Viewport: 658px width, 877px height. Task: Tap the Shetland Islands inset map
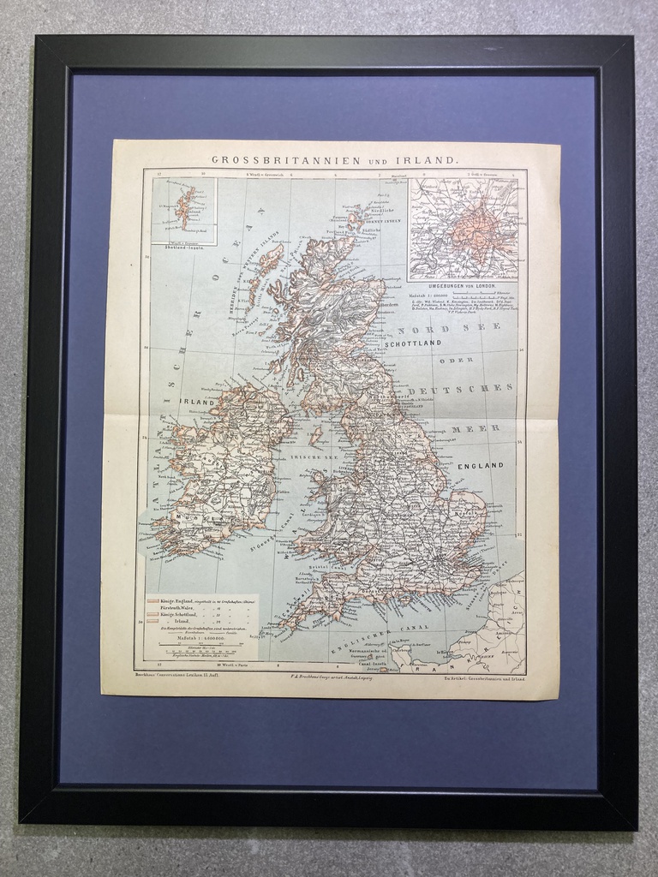pos(184,208)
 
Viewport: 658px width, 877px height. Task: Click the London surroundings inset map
pos(464,228)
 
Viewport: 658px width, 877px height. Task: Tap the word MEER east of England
pos(469,427)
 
